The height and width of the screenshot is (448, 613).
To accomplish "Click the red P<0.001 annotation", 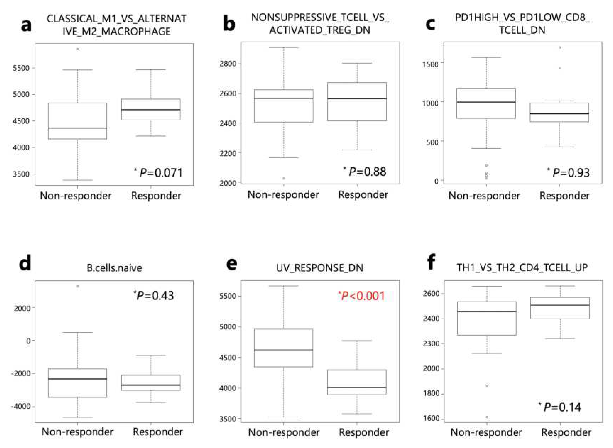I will pos(362,296).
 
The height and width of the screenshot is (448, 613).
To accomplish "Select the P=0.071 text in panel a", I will pos(159,173).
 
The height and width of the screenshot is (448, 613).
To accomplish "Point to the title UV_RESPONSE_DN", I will pos(320,268).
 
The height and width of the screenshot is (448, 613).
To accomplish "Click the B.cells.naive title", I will pos(115,268).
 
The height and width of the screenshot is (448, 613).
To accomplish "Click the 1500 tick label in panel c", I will pos(430,64).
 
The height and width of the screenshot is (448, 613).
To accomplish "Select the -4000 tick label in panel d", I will pos(21,406).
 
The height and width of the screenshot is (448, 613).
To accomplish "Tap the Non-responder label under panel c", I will pos(484,195).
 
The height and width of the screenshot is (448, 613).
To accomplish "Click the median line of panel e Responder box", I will pos(357,387).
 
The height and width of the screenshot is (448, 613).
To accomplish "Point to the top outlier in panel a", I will pos(78,49).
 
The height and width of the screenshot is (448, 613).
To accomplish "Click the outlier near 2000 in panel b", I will pos(284,178).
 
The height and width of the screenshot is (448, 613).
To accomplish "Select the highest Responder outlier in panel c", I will pos(560,48).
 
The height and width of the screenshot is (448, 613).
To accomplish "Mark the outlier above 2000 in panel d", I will pos(78,286).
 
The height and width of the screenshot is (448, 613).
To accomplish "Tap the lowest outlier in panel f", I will pos(487,417).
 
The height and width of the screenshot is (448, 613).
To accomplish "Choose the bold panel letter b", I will pos(229,24).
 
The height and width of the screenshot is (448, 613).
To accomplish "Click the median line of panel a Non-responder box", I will pos(78,128).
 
